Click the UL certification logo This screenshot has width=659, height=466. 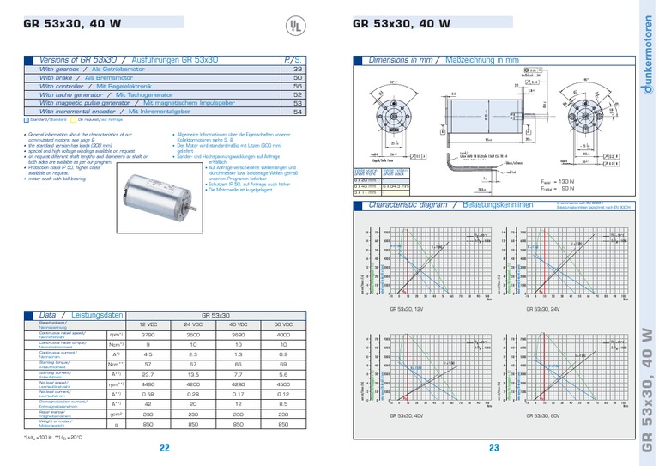point(294,26)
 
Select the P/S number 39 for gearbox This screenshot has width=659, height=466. point(297,69)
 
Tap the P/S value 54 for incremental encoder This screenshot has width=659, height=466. point(297,112)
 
